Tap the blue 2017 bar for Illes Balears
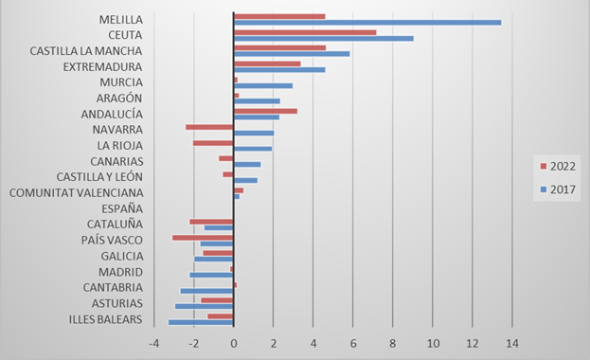(x=201, y=322)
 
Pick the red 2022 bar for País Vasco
(x=203, y=237)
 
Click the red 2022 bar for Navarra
(x=209, y=127)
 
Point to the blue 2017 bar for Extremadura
(x=278, y=69)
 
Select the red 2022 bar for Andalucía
(x=265, y=111)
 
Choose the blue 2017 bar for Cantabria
(x=206, y=291)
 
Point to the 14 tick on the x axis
(x=512, y=344)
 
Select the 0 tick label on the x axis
(x=234, y=344)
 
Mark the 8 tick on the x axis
(x=393, y=344)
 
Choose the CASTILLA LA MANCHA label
(x=86, y=50)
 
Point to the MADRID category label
(x=120, y=271)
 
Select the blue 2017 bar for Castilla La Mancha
(x=292, y=53)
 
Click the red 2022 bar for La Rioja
(x=213, y=143)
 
